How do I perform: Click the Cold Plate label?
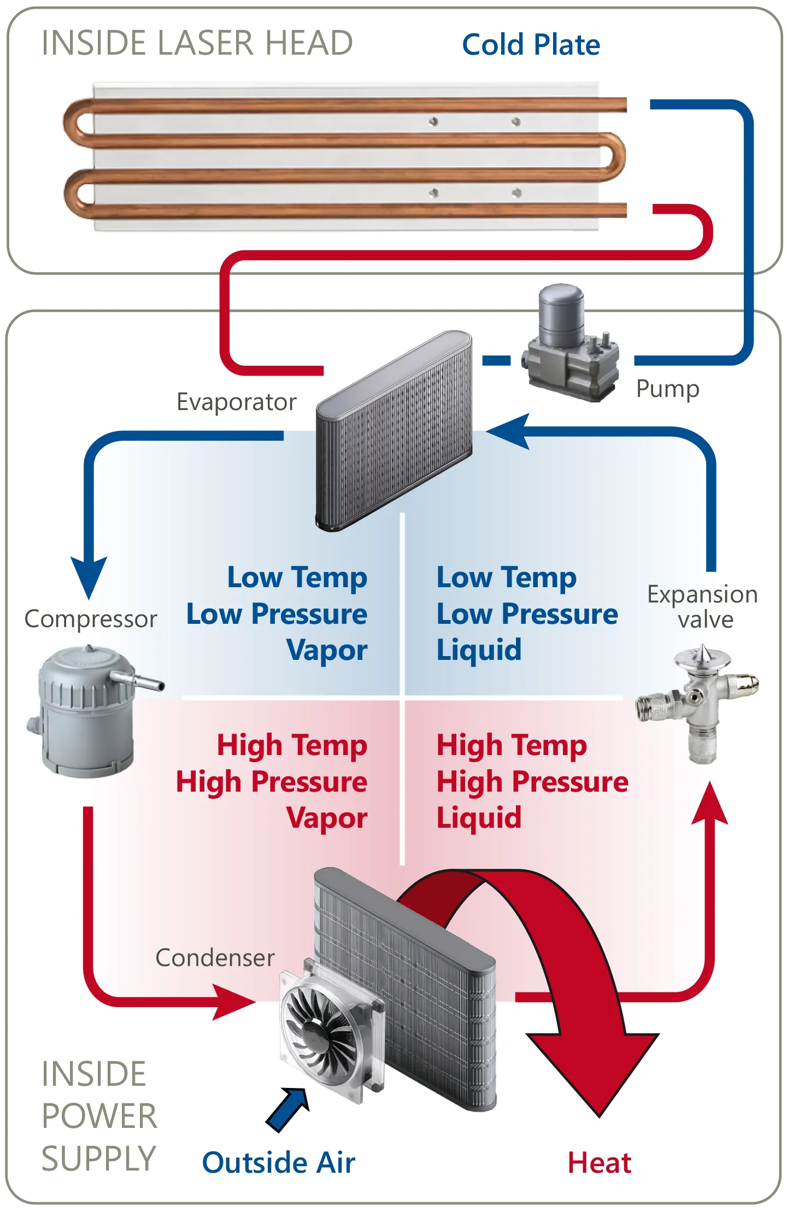[x=531, y=45]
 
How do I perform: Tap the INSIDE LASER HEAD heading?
[x=197, y=43]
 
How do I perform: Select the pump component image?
[x=571, y=344]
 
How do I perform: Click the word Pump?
[x=667, y=389]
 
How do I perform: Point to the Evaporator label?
[x=236, y=402]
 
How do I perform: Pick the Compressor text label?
[x=91, y=619]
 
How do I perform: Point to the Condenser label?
[x=215, y=958]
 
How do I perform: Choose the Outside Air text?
[x=279, y=1163]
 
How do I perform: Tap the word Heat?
[x=600, y=1163]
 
